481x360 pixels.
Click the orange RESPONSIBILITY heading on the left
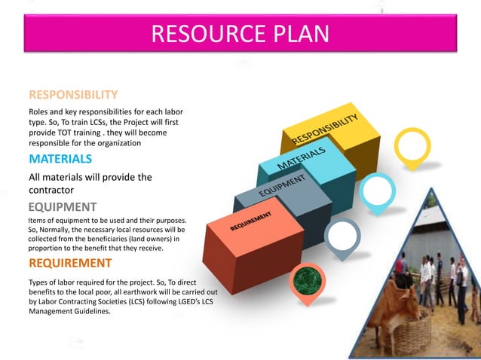[x=73, y=95]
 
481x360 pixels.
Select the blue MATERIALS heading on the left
[x=60, y=159]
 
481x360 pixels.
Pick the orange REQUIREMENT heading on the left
[x=70, y=263]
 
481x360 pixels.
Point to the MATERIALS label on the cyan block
[x=302, y=157]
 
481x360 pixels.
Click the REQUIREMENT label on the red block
[x=256, y=220]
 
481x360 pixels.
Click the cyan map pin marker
[x=377, y=191]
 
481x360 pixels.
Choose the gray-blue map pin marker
[x=343, y=236]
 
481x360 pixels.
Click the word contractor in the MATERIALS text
[x=56, y=190]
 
